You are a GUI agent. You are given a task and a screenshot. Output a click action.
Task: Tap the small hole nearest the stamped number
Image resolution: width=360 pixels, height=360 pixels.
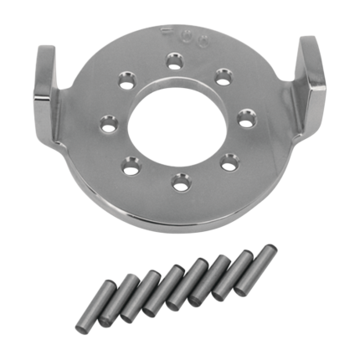coord(174,59)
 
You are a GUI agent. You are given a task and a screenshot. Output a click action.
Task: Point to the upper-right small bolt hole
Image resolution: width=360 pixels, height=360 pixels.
coord(222,76)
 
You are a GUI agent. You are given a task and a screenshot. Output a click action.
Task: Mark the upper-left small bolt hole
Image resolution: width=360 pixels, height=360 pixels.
coord(127,80)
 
